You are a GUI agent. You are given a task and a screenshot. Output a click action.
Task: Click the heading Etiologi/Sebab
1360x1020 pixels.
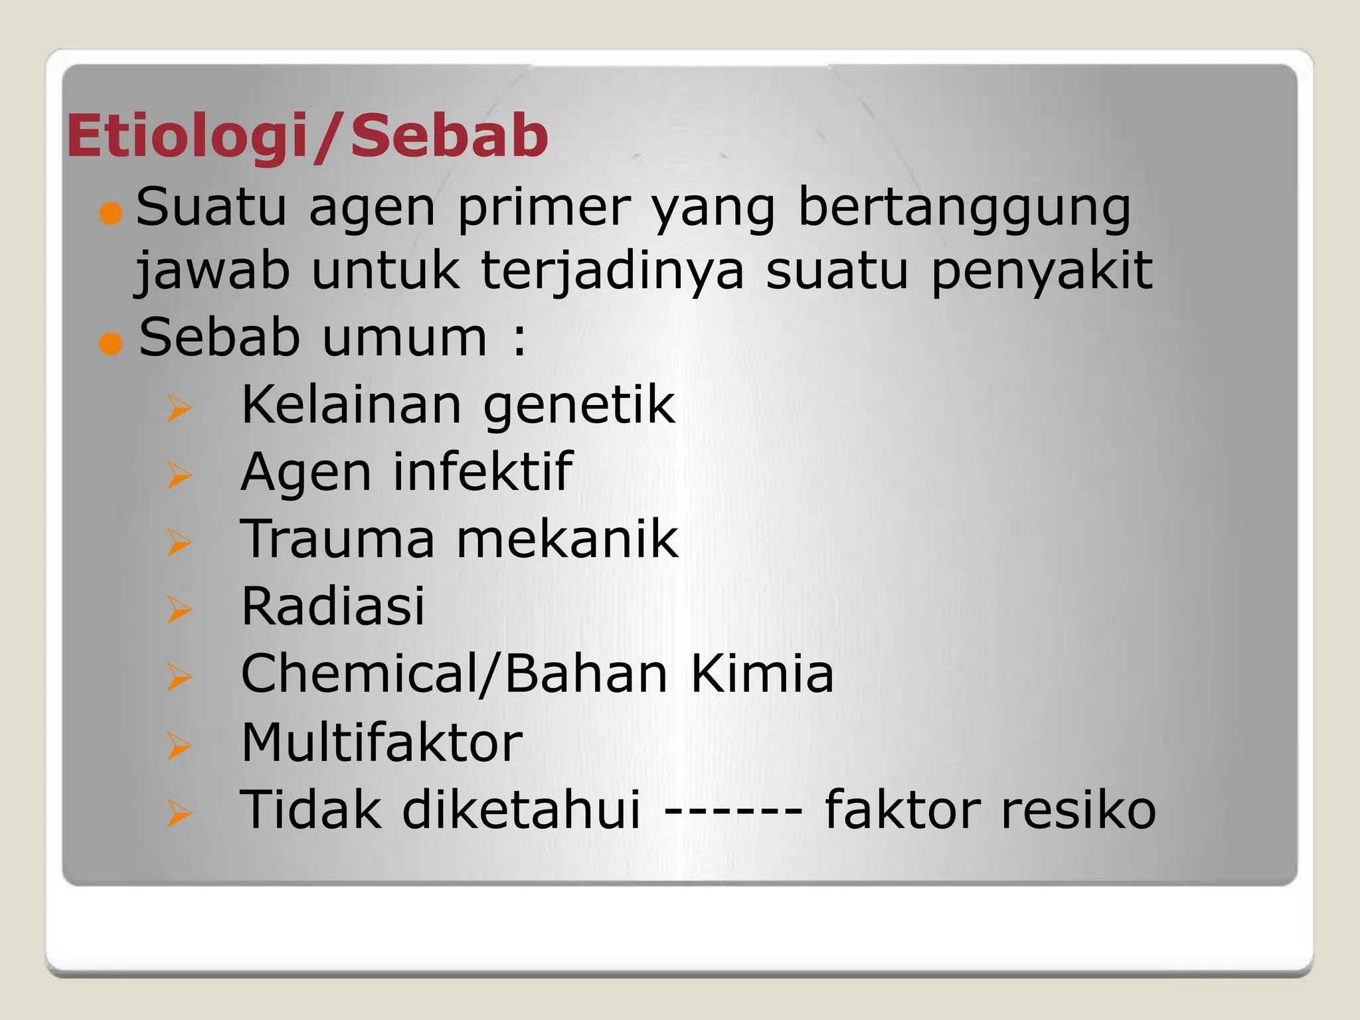(307, 137)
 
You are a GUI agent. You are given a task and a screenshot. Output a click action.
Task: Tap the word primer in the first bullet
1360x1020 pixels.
(544, 209)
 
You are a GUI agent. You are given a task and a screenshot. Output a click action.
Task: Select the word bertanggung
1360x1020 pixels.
(964, 209)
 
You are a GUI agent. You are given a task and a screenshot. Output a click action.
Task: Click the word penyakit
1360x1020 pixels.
(1041, 272)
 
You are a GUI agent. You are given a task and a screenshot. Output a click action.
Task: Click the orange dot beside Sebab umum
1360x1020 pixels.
(111, 344)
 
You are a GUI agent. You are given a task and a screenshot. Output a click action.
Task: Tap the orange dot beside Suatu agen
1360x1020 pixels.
(111, 214)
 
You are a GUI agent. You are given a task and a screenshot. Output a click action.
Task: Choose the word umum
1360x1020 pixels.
(404, 338)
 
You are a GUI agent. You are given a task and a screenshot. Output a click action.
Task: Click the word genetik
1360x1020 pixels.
(578, 406)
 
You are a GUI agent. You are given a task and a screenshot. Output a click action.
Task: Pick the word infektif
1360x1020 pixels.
(481, 472)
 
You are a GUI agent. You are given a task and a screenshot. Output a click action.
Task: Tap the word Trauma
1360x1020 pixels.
(337, 539)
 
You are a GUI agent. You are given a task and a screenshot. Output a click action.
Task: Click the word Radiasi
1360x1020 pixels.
(333, 606)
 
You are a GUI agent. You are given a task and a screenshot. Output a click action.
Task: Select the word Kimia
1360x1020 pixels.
(762, 674)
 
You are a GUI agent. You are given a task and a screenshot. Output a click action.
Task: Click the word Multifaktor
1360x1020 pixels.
(382, 742)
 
